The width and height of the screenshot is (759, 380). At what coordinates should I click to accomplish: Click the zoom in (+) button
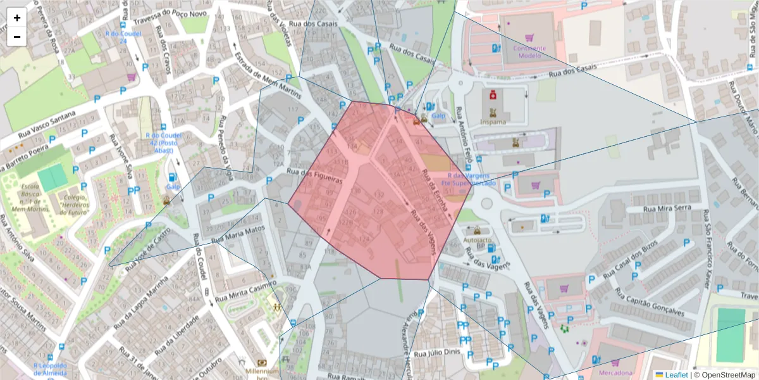click(x=17, y=18)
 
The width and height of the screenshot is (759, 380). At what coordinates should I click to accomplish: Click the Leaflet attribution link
click(x=676, y=375)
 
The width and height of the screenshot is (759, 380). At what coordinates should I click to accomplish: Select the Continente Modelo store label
click(x=529, y=51)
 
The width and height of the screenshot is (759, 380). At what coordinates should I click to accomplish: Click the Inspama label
click(x=493, y=122)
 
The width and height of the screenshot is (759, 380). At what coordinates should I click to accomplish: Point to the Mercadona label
click(x=615, y=373)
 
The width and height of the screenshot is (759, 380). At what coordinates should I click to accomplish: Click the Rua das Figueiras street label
click(x=314, y=175)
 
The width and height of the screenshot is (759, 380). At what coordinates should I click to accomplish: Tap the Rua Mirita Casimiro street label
click(x=246, y=292)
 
